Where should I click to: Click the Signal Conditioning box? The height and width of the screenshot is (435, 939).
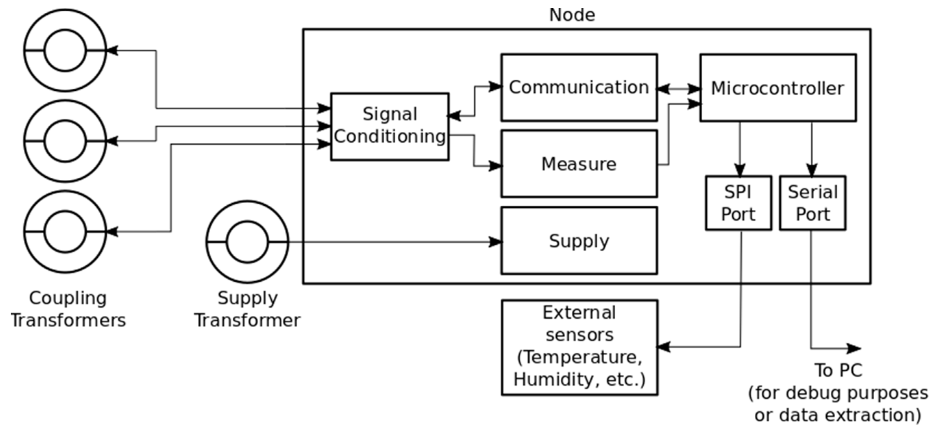pyautogui.click(x=389, y=126)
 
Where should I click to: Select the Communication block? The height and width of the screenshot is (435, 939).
pyautogui.click(x=579, y=87)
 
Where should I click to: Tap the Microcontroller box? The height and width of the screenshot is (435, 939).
pyautogui.click(x=778, y=88)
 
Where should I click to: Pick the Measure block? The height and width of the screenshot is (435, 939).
pyautogui.click(x=579, y=164)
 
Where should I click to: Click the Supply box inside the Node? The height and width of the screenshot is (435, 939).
pyautogui.click(x=579, y=241)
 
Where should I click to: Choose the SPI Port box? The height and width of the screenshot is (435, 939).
pyautogui.click(x=738, y=203)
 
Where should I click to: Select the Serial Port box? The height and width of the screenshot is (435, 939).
pyautogui.click(x=813, y=203)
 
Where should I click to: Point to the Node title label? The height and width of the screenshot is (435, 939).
pyautogui.click(x=572, y=15)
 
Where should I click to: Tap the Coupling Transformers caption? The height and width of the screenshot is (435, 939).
pyautogui.click(x=68, y=309)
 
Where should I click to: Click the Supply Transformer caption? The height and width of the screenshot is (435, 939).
pyautogui.click(x=247, y=309)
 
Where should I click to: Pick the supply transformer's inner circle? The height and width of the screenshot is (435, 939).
pyautogui.click(x=247, y=242)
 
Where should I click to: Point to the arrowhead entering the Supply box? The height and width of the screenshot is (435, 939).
pyautogui.click(x=495, y=242)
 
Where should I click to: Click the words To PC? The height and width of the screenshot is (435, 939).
pyautogui.click(x=838, y=371)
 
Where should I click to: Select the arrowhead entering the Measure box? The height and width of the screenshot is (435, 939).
pyautogui.click(x=495, y=166)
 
